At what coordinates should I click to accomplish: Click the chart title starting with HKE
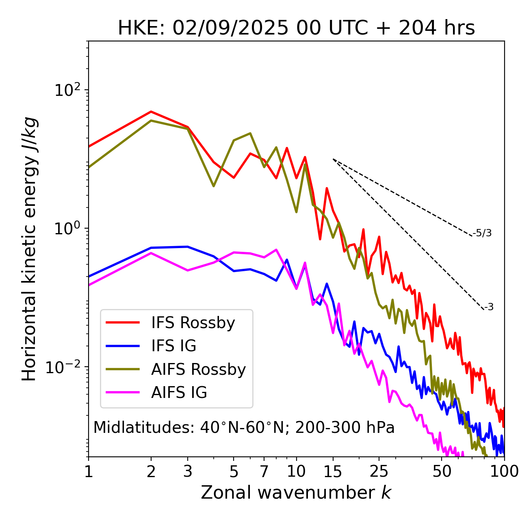pos(296,28)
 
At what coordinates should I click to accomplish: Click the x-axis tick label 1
pos(89,471)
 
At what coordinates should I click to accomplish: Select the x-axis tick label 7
pos(264,471)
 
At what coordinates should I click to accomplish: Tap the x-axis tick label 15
pos(333,471)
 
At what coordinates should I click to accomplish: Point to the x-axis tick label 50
pos(442,471)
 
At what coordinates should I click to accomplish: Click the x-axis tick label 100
pos(504,471)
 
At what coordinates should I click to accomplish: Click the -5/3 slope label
pos(482,233)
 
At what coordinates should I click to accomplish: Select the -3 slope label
pos(489,307)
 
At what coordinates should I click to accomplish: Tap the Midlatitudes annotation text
pos(244,428)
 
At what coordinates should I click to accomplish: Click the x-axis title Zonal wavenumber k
pos(296,493)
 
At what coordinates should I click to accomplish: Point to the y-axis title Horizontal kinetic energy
pos(29,249)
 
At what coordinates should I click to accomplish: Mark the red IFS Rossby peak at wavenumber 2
pos(151,111)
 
